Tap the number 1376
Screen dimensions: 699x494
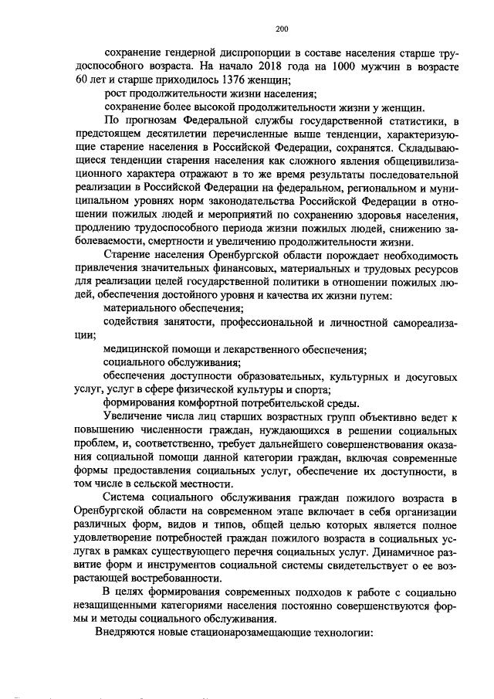coord(237,80)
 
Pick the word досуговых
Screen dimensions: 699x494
coord(433,377)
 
